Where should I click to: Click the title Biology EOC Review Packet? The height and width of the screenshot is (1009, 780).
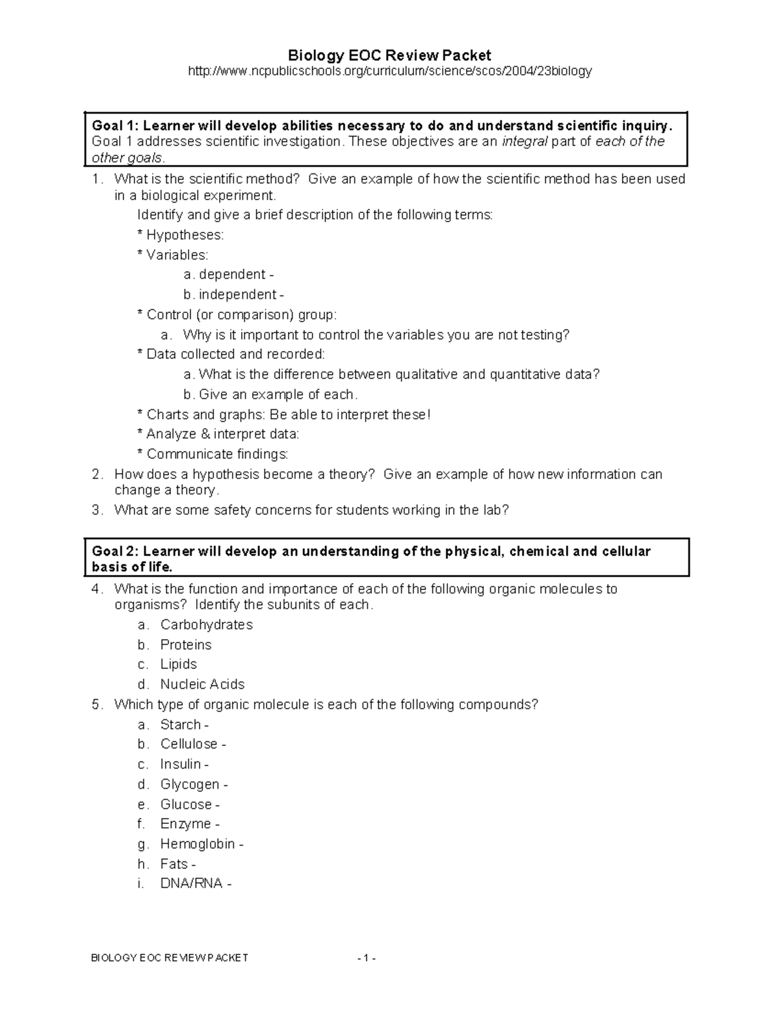pos(389,55)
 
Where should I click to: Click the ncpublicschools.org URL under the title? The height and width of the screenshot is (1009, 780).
pos(389,71)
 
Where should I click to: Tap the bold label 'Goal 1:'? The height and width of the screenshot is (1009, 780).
pos(115,125)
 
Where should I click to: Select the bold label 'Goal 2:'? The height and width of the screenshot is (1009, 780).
pos(115,552)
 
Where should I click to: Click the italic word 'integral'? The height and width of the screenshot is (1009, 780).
pos(525,142)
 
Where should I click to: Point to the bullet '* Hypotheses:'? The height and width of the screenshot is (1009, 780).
pos(180,235)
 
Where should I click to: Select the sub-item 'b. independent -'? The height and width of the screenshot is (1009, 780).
pos(233,295)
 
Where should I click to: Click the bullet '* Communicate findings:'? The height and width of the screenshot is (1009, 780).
pos(213,454)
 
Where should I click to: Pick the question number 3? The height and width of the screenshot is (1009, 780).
pos(96,510)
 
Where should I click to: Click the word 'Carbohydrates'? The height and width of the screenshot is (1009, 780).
pos(206,625)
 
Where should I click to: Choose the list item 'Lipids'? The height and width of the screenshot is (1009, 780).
pos(178,665)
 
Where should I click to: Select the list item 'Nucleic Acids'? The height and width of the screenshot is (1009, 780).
pos(202,684)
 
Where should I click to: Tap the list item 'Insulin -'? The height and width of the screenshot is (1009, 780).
pos(184,764)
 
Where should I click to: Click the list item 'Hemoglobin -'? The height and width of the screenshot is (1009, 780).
pos(201,844)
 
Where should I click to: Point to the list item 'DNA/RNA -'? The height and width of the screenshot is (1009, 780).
pos(195,884)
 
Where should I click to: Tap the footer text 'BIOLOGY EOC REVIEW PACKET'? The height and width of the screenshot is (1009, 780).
pos(169,958)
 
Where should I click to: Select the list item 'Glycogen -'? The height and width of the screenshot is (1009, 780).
pos(194,784)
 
